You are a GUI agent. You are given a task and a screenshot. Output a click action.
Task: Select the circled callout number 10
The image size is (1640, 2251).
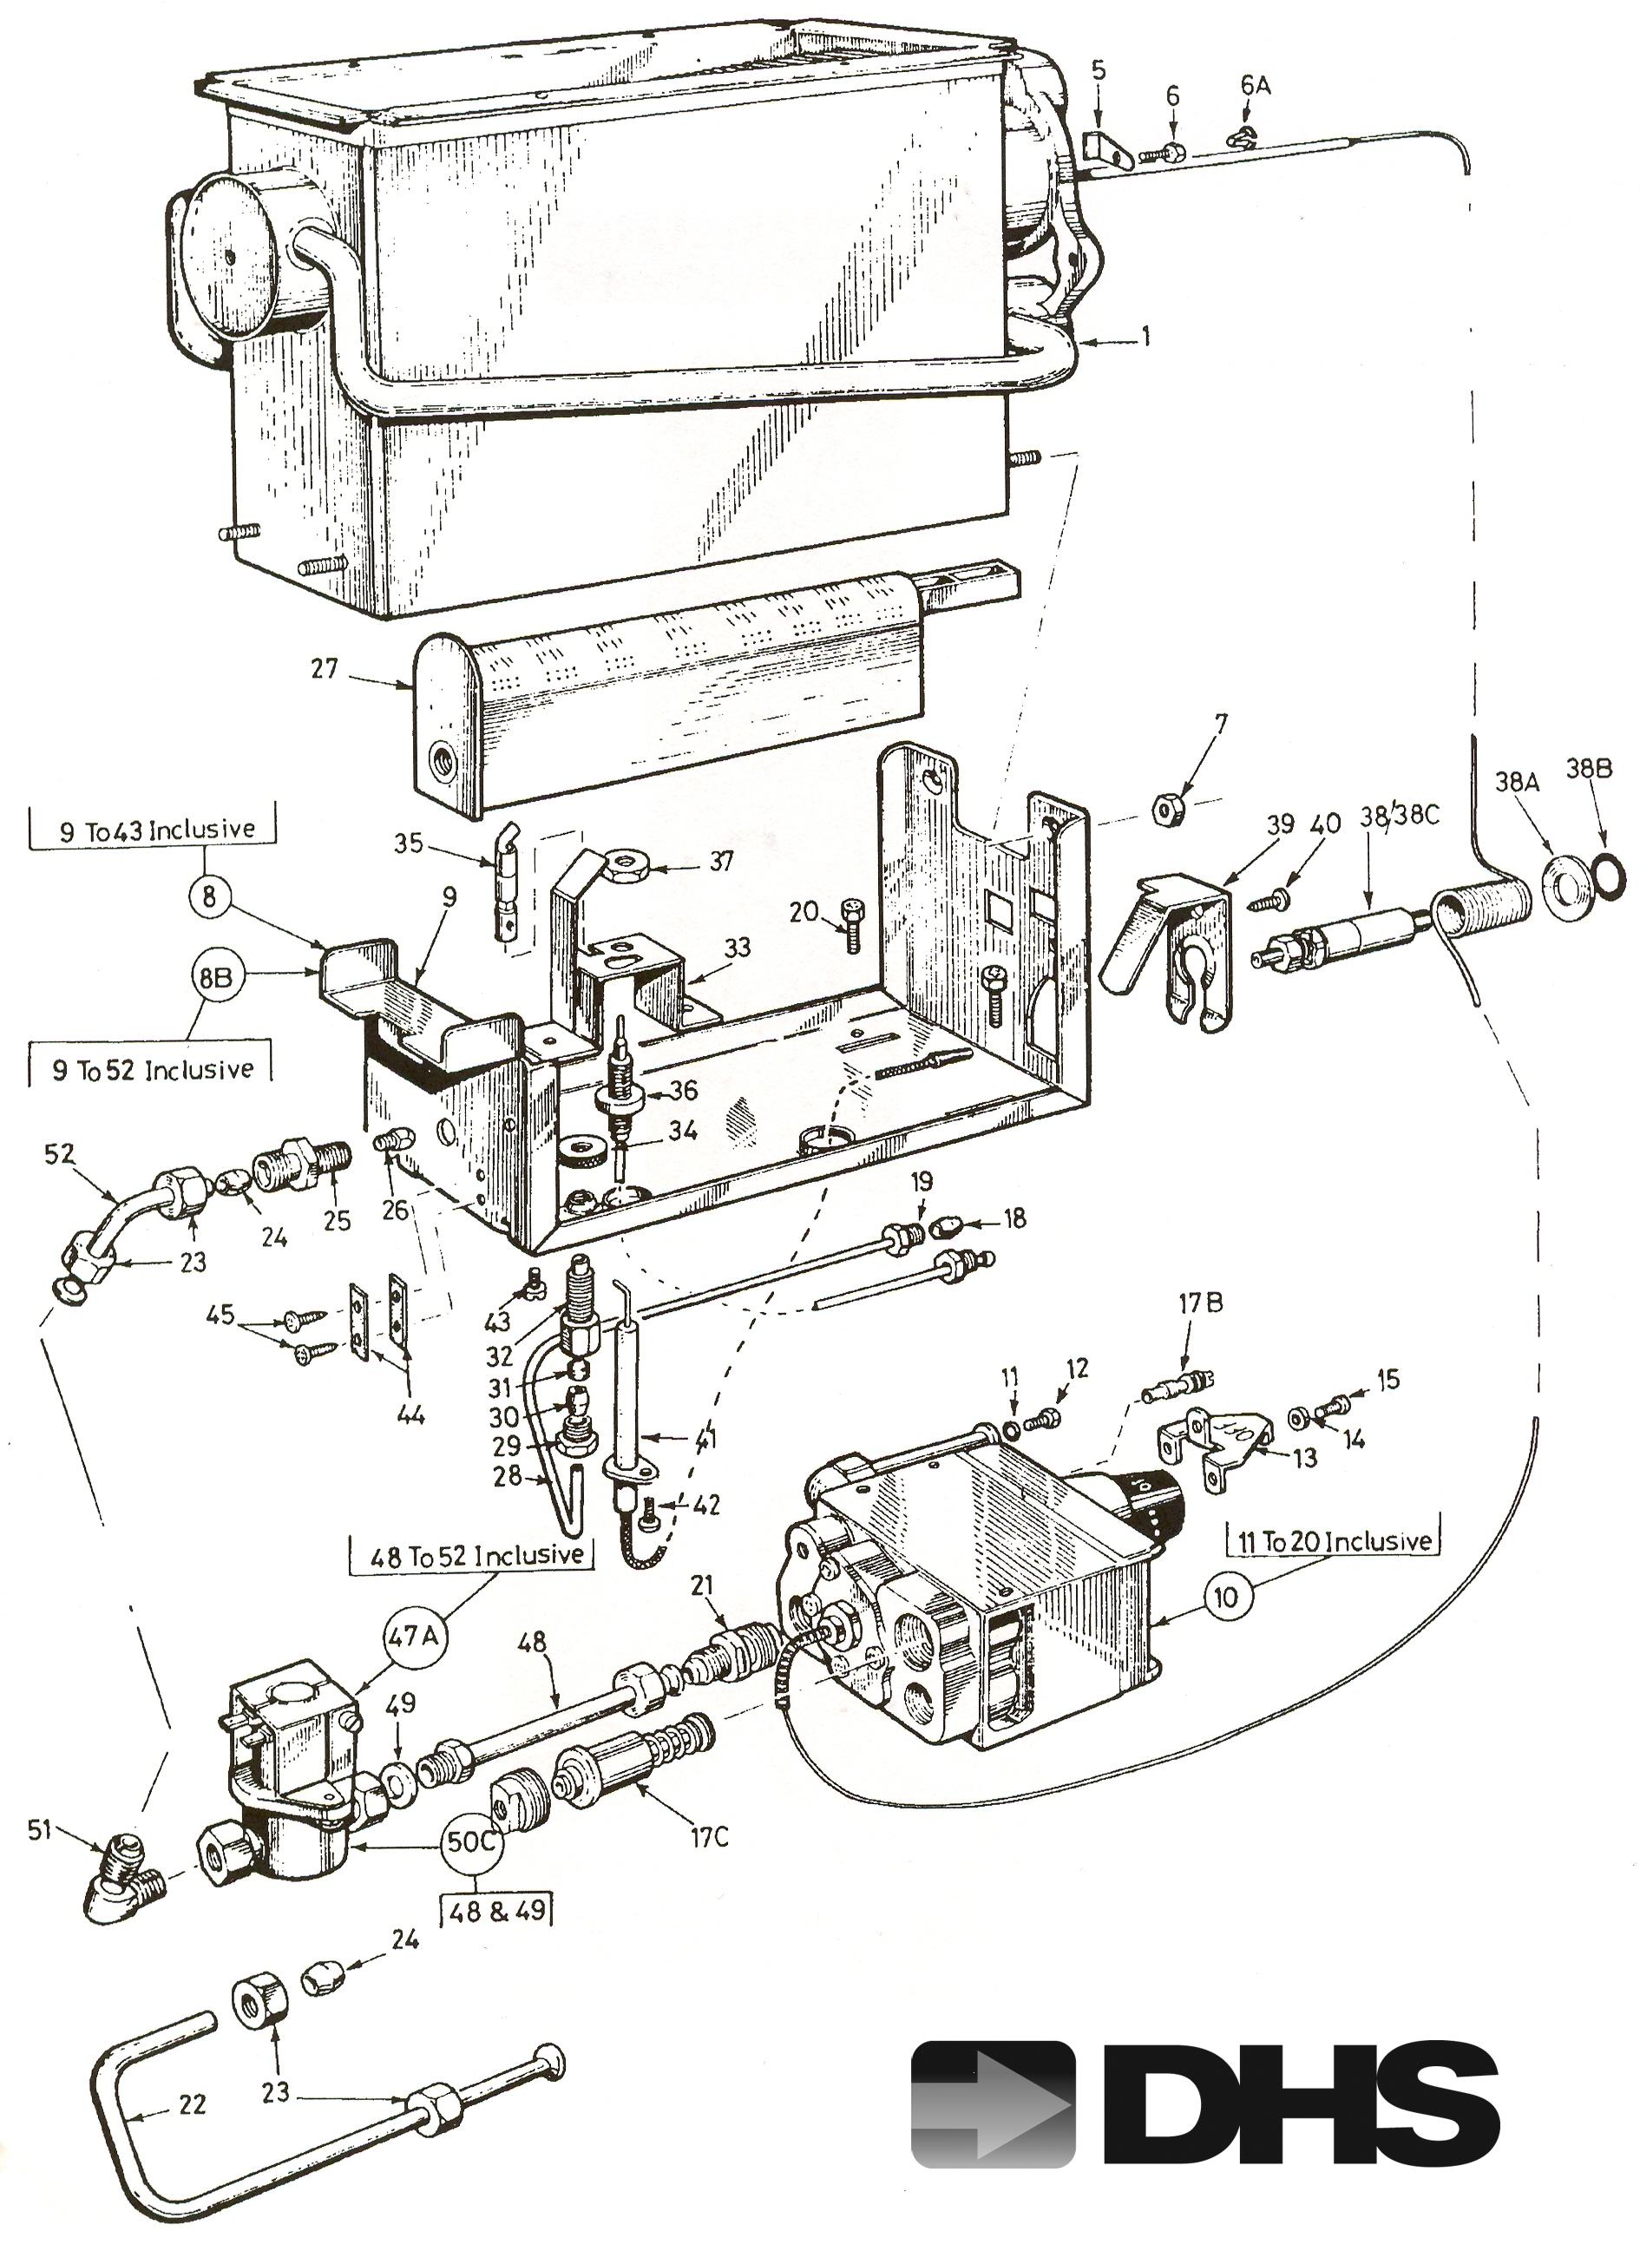point(1227,1597)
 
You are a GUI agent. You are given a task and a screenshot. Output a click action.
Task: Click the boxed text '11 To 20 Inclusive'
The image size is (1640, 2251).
point(1332,1541)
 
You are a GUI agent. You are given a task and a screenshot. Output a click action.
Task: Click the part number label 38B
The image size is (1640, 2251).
point(1590,768)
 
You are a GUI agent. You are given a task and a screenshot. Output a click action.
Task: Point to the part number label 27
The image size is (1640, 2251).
point(324,669)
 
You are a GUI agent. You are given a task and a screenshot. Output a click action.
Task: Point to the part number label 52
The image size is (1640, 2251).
point(60,1153)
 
